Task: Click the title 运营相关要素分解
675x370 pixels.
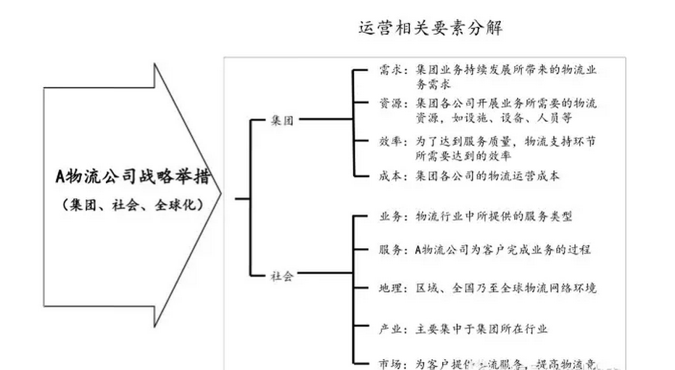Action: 431,28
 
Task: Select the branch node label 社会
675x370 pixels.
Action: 282,276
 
